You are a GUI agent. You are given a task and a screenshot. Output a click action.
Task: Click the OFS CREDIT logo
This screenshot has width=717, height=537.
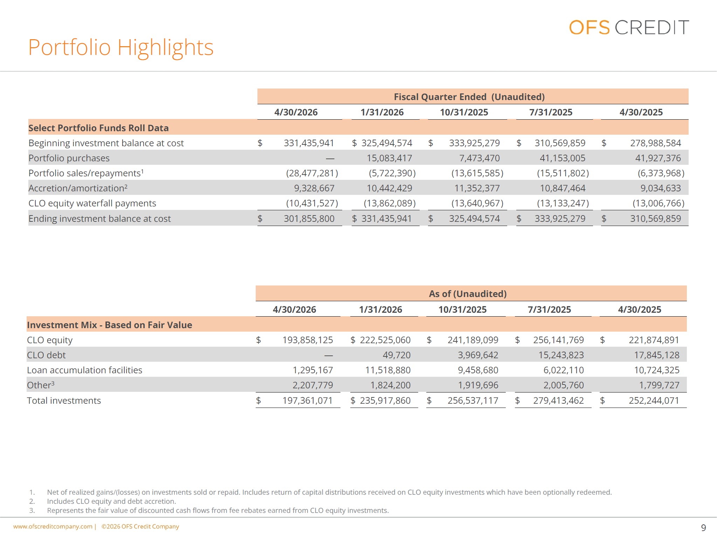coord(629,27)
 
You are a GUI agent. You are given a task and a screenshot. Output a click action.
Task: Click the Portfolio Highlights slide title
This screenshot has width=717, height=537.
coord(121,47)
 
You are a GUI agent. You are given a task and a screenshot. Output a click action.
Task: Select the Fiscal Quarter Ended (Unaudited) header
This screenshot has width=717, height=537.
coord(469,97)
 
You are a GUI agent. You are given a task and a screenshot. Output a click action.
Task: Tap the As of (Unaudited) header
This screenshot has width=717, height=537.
coord(468,294)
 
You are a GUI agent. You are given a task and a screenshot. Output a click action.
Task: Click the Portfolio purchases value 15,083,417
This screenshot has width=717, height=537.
coord(389,158)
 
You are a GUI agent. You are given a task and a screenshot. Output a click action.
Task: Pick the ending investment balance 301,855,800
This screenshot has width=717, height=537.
coord(309,219)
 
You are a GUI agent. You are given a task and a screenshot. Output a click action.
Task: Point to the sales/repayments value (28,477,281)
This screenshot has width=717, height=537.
coord(312,173)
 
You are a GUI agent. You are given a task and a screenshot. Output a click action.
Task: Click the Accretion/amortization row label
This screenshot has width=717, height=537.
coord(78,188)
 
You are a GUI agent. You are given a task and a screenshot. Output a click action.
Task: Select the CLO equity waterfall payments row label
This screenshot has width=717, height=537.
coord(92,203)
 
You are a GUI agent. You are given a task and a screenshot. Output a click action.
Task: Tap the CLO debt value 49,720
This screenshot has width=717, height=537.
coord(397,355)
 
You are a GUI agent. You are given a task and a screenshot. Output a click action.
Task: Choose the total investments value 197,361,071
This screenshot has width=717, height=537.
coord(308,401)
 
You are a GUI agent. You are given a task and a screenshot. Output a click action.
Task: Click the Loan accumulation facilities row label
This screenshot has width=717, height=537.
coord(84,370)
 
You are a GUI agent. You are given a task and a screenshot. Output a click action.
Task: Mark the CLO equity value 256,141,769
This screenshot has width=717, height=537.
coord(558,340)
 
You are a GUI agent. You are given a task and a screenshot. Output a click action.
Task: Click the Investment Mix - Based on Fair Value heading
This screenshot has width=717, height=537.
coord(109,325)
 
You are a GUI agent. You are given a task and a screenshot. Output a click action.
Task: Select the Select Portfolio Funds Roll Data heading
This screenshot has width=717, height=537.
coord(98,128)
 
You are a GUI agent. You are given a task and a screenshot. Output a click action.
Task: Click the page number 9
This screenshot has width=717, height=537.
coord(703,528)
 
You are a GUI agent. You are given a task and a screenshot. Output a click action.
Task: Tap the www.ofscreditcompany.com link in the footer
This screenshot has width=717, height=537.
coord(53,527)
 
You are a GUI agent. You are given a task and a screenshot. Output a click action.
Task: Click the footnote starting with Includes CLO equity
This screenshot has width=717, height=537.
coord(111,501)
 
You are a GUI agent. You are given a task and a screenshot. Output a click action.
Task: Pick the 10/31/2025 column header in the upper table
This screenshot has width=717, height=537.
coord(464,112)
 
